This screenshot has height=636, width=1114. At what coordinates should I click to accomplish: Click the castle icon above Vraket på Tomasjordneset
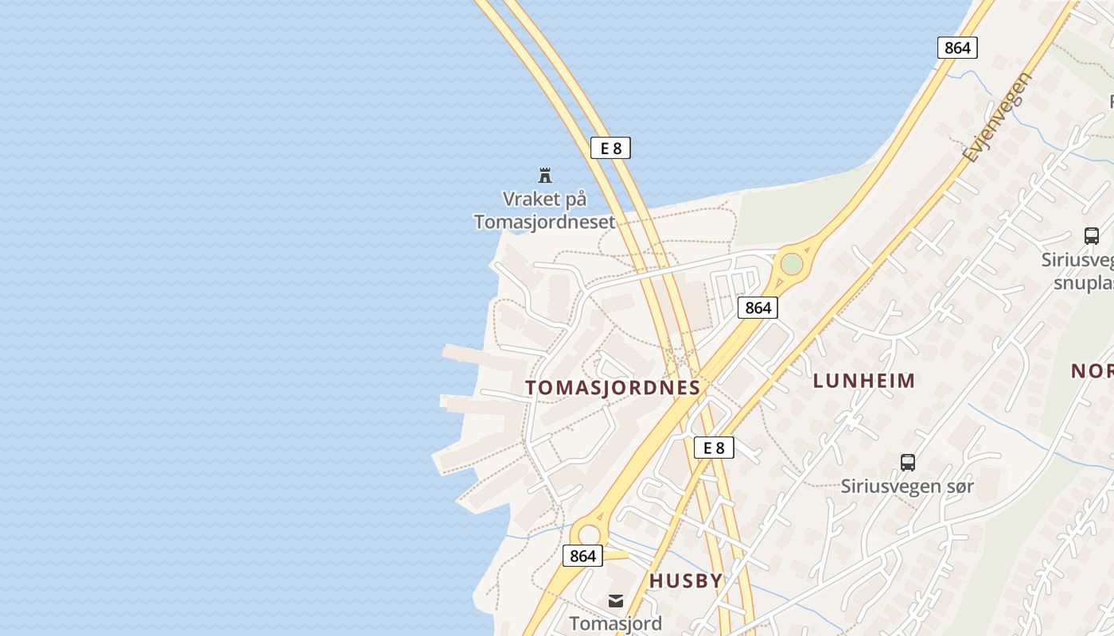(x=545, y=175)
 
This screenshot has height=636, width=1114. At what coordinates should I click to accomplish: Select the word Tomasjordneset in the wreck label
(x=544, y=222)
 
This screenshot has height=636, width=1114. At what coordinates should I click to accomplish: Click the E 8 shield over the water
(x=610, y=147)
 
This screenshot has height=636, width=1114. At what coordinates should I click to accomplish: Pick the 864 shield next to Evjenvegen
(x=956, y=48)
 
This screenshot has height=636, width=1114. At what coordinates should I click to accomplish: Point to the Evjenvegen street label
(x=997, y=117)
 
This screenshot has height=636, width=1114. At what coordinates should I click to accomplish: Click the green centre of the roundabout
(x=791, y=264)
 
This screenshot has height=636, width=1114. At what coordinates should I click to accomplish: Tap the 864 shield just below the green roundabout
(x=757, y=308)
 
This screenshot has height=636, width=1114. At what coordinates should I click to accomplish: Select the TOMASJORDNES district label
(x=613, y=388)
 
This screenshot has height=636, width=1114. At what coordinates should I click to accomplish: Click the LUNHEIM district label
(x=864, y=381)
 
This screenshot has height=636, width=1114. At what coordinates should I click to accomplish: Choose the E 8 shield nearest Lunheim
(x=714, y=448)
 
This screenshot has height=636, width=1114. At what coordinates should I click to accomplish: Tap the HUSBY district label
(x=686, y=581)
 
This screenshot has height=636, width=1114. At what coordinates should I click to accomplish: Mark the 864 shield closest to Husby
(x=582, y=556)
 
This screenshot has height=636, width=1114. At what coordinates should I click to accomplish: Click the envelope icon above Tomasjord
(x=616, y=601)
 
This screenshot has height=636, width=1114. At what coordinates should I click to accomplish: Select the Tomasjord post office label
(x=615, y=623)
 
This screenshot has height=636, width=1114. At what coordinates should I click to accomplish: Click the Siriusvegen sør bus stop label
(x=907, y=486)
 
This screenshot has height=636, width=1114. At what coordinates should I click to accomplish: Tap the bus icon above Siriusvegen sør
(x=907, y=462)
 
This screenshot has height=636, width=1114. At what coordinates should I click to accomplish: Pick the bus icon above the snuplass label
(x=1091, y=236)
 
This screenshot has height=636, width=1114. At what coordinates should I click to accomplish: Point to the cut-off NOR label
(x=1092, y=370)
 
